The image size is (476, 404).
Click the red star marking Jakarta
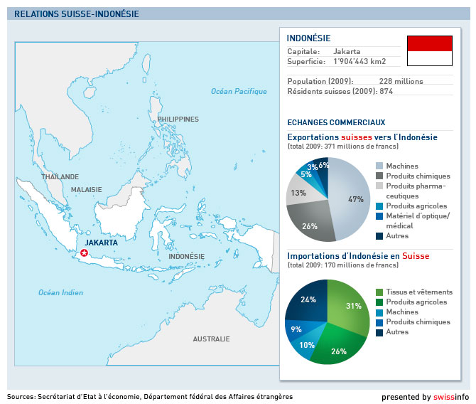84,253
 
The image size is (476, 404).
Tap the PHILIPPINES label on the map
178,119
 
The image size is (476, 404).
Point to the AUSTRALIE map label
211,339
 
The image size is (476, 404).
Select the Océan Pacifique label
239,92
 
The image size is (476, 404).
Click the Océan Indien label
60,293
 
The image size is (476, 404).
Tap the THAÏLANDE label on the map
60,176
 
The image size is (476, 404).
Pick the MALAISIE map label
87,190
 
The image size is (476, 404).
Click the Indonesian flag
430,51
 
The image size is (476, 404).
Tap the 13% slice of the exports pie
299,191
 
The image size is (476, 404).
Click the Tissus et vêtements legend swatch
379,292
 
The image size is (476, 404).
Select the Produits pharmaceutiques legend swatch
379,186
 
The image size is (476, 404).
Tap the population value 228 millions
401,82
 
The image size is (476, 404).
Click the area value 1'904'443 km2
359,61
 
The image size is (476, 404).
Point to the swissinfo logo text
451,397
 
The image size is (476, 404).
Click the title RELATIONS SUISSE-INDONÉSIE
77,14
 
